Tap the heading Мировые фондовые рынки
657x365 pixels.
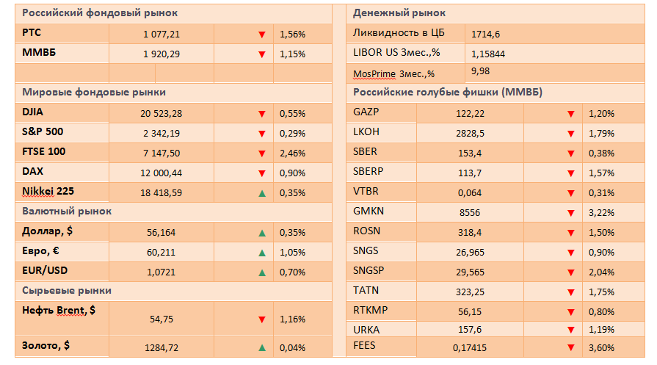click(x=94, y=93)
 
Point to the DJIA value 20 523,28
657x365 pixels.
click(x=161, y=113)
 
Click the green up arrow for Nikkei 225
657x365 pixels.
click(x=261, y=192)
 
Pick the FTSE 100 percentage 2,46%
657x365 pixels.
click(x=292, y=153)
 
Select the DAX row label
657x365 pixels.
click(x=34, y=172)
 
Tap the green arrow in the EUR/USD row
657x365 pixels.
click(x=261, y=272)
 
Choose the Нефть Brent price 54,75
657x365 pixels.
click(x=161, y=319)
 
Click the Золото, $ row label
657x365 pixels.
click(x=46, y=344)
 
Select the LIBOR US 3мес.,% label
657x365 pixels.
click(x=396, y=54)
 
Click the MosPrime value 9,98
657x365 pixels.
click(x=480, y=71)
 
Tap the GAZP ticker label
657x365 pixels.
click(x=366, y=112)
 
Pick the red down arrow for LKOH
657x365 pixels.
click(x=570, y=133)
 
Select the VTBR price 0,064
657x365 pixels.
click(x=470, y=192)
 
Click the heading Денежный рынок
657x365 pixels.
click(x=399, y=13)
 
